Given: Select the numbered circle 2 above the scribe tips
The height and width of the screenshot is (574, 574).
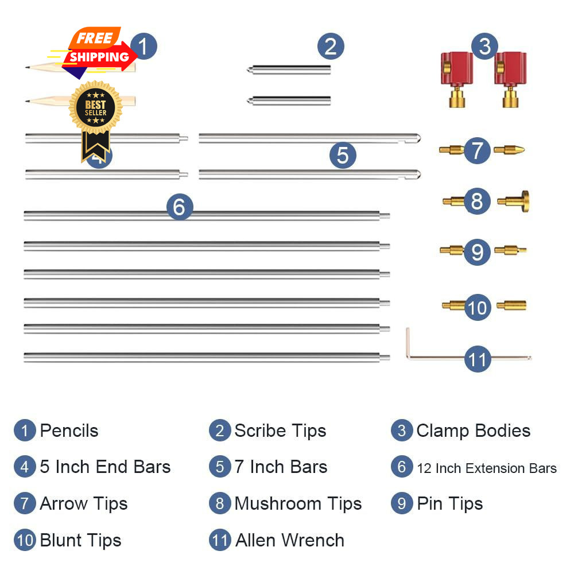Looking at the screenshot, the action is click(331, 46).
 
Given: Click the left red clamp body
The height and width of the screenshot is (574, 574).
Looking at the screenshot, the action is click(456, 79).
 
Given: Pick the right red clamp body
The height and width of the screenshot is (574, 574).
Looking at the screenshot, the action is click(510, 79).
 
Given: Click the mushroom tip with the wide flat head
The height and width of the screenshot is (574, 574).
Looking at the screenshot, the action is click(513, 201).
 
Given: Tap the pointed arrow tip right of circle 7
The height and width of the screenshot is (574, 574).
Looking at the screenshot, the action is click(509, 149).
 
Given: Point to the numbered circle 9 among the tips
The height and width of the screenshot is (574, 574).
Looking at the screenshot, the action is click(477, 252).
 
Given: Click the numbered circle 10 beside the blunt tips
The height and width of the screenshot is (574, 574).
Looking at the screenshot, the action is click(478, 308).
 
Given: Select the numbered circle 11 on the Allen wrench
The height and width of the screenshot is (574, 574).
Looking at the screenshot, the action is click(478, 359).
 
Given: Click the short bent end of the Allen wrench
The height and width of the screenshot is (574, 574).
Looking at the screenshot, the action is click(408, 342).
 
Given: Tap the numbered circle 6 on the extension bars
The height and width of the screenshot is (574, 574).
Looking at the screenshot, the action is click(179, 207).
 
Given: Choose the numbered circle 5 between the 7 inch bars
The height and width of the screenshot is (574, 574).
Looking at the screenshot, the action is click(343, 155).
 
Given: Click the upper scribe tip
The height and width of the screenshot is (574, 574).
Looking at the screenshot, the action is click(289, 69).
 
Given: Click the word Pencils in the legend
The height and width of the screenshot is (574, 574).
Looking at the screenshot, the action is click(69, 430).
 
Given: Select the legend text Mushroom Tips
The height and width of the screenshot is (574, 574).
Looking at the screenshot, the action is click(298, 504).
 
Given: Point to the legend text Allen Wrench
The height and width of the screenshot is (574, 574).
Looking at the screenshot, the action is click(289, 540).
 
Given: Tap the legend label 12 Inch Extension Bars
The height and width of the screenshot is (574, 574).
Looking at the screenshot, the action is click(487, 468).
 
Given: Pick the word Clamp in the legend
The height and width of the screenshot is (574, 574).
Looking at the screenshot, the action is click(443, 431).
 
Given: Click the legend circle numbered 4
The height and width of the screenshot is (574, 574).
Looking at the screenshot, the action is click(25, 467).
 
